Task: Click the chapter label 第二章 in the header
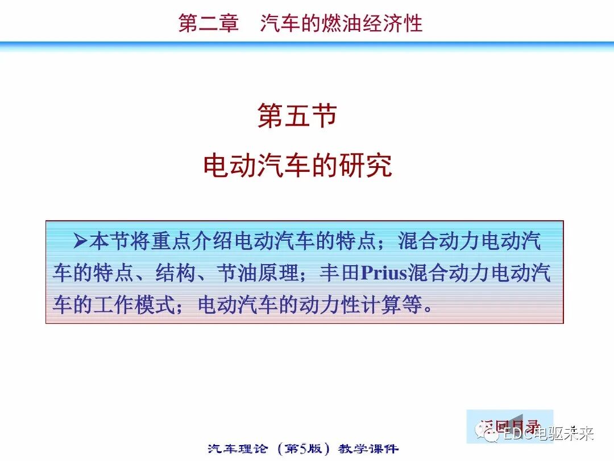coord(208,23)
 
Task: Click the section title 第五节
coord(297,116)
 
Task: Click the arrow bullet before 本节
coord(80,241)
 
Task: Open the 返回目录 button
coord(509,425)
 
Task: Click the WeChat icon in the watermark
coord(490,434)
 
